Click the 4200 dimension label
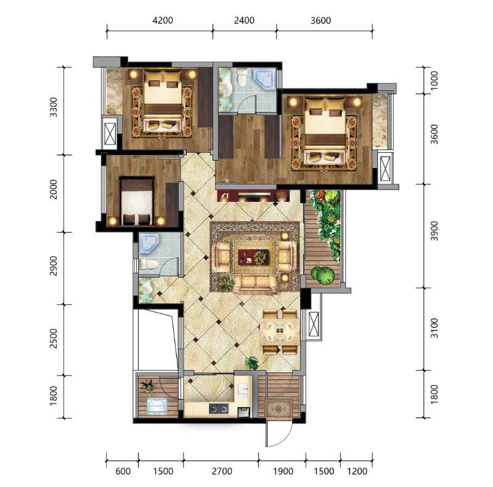[x=163, y=20]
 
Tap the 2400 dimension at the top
[x=244, y=20]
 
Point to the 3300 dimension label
[x=54, y=107]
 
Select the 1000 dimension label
[x=434, y=81]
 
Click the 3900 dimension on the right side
[x=434, y=231]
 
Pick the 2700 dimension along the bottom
[x=222, y=471]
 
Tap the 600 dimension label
[x=123, y=471]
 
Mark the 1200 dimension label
[x=357, y=471]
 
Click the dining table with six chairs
[x=280, y=332]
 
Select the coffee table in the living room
[x=253, y=257]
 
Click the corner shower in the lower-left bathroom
[x=149, y=244]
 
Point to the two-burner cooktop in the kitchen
[x=219, y=409]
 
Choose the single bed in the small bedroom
[x=137, y=201]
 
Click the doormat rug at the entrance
[x=279, y=409]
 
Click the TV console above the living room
[x=253, y=195]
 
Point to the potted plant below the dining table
[x=252, y=363]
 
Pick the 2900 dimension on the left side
[x=54, y=266]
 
